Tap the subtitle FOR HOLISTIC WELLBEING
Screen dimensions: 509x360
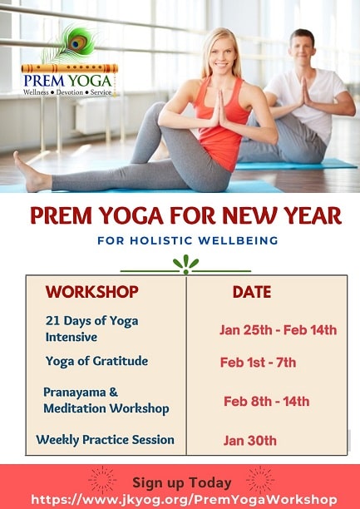185,241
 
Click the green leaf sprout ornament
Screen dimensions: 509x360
185,264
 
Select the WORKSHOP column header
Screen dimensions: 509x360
91,292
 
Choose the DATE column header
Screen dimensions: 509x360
251,292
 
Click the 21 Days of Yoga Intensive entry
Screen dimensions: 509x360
91,329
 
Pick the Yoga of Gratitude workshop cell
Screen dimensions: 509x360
96,360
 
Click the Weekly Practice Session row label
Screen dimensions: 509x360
105,439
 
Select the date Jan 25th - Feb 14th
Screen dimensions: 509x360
278,330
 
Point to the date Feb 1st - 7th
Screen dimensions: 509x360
258,363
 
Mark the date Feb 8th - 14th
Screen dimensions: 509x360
266,401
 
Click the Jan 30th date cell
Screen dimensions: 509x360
249,441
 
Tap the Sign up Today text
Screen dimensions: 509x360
182,482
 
